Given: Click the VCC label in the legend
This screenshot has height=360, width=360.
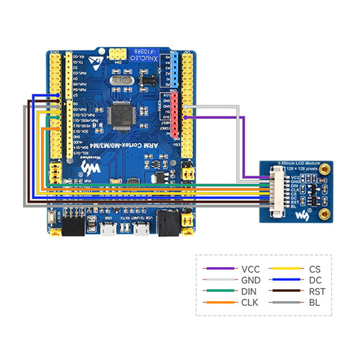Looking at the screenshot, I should click(x=250, y=269).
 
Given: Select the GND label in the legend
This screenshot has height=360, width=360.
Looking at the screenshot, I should click(x=250, y=280).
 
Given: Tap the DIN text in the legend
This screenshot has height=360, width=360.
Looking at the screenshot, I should click(x=249, y=291).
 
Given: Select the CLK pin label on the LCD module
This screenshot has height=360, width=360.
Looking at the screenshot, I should click(x=294, y=191).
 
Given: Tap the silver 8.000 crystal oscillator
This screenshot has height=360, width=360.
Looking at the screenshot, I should click(x=125, y=80).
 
